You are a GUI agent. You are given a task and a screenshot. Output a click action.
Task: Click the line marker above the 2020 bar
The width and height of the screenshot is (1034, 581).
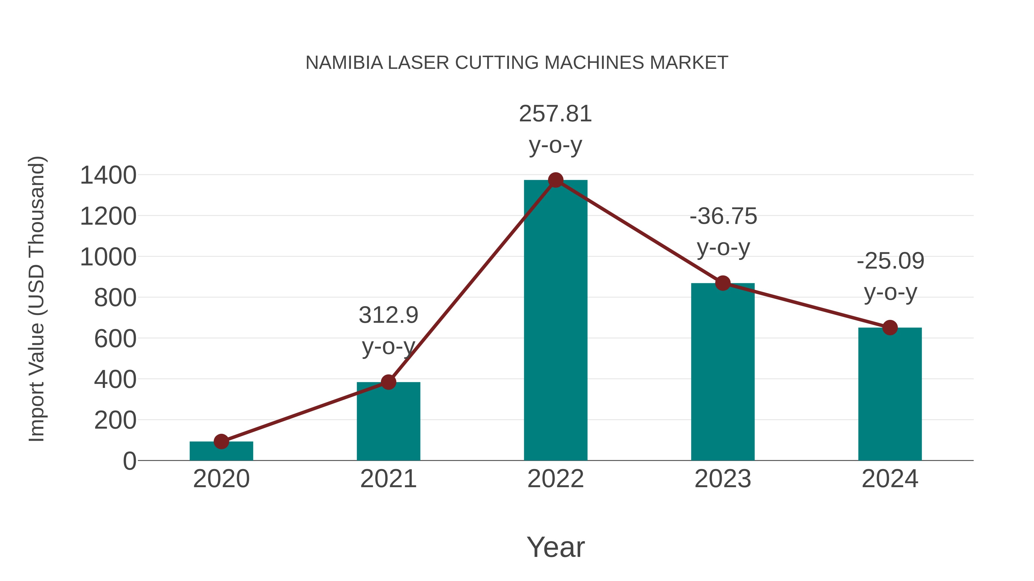point(221,442)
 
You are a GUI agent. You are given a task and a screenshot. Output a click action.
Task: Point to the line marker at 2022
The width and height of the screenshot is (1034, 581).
point(555,180)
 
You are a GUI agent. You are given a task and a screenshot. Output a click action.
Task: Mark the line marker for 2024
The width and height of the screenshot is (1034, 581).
point(890,328)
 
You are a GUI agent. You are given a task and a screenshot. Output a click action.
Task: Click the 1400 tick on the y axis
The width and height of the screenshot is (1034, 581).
point(108,175)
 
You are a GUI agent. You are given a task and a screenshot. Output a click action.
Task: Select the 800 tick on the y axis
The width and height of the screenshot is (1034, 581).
point(115,298)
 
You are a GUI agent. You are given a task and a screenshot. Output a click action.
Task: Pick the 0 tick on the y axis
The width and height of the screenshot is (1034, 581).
point(130,461)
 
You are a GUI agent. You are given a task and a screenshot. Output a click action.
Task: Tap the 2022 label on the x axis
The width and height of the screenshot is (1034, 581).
point(555,479)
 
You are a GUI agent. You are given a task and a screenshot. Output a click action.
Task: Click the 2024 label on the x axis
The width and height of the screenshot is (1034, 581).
point(890,479)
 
